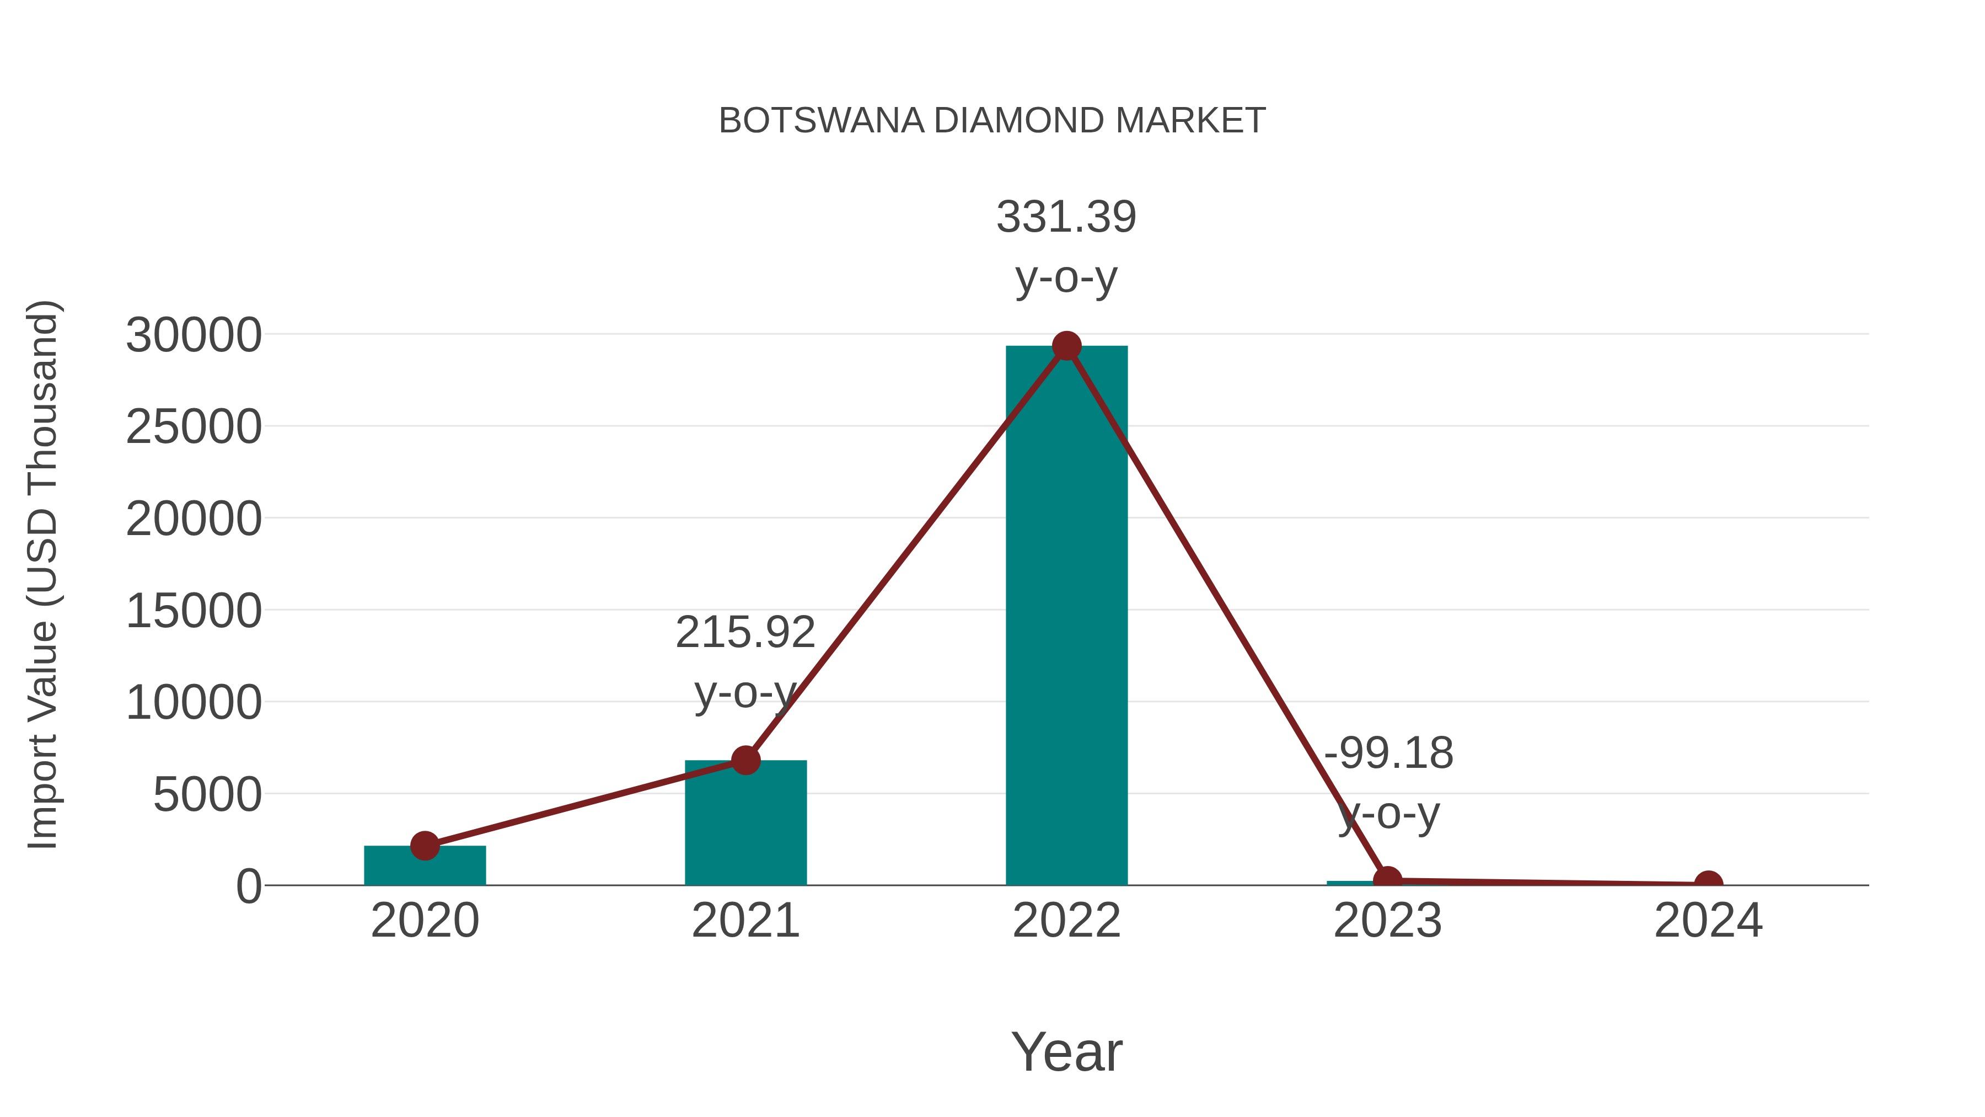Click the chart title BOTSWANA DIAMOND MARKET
992,121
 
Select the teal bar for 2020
425,867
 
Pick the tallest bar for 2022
1066,617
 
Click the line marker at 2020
425,846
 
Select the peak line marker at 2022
1066,346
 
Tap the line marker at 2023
1387,880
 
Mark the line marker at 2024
1708,884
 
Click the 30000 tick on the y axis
194,335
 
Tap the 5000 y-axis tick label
207,795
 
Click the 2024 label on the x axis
1708,921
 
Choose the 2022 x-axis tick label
1066,921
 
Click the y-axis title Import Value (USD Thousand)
42,574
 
